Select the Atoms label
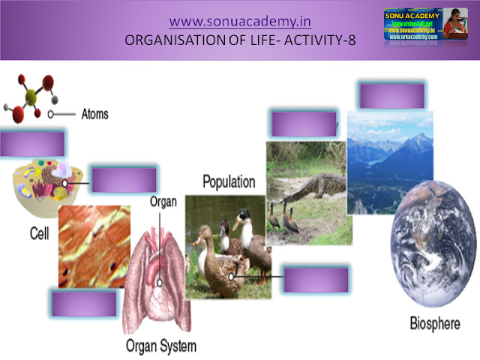[93, 115]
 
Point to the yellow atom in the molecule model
[33, 95]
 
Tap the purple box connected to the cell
[124, 181]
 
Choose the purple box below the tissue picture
[83, 304]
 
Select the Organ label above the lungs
[163, 202]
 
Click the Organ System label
[160, 346]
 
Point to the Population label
[229, 181]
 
